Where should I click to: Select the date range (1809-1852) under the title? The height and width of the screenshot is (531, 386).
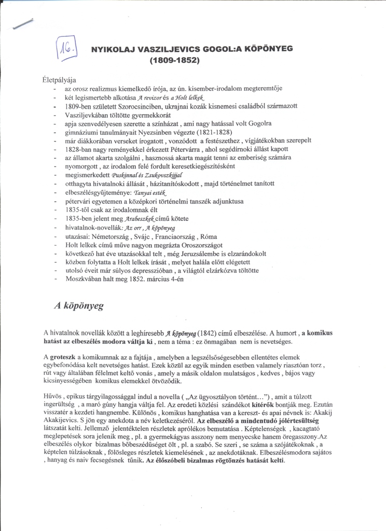coord(174,60)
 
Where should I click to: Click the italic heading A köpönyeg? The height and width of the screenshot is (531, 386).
coord(79,305)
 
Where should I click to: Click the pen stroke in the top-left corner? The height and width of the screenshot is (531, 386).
coord(23,23)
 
